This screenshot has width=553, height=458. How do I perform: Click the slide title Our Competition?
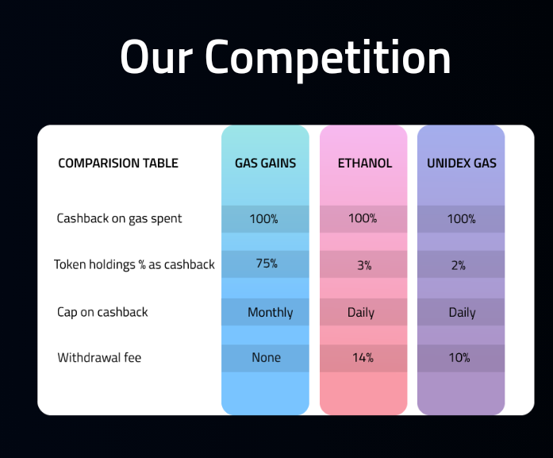click(286, 58)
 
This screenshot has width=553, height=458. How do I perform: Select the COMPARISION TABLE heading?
click(118, 163)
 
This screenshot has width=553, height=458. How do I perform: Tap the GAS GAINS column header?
click(265, 163)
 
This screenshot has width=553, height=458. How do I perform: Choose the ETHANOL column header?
click(365, 163)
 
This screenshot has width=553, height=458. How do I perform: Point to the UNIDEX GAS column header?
click(461, 163)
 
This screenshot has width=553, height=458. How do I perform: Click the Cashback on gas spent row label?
click(119, 219)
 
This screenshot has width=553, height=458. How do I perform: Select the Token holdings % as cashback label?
click(134, 264)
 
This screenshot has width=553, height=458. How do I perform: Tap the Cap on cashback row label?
click(102, 312)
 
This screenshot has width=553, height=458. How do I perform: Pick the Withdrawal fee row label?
click(99, 357)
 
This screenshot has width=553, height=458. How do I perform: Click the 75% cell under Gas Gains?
click(267, 264)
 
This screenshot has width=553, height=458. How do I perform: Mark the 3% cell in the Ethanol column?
click(364, 265)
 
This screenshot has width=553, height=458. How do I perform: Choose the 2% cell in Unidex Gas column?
click(458, 265)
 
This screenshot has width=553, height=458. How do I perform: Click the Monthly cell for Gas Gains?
click(270, 313)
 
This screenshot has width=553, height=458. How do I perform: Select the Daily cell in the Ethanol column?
click(361, 313)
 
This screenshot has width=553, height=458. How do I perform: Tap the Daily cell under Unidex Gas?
click(462, 313)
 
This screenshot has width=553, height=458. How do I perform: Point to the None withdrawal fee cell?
click(267, 357)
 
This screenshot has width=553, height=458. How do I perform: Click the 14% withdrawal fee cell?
click(363, 358)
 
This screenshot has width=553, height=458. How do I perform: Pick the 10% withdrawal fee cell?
click(459, 358)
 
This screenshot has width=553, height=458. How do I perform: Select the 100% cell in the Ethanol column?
click(363, 218)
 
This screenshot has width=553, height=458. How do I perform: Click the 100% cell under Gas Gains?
click(263, 219)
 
